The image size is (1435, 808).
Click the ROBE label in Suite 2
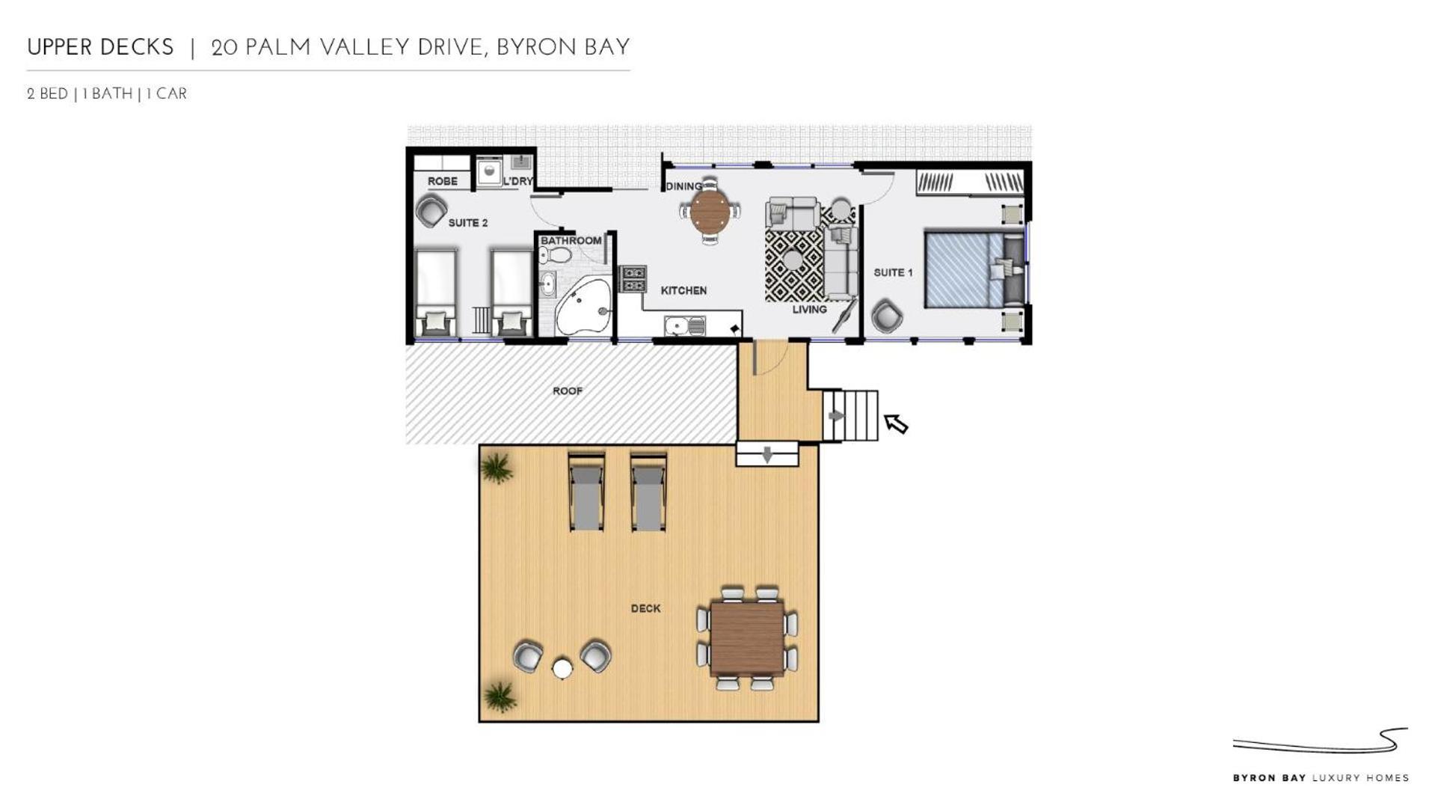pyautogui.click(x=442, y=181)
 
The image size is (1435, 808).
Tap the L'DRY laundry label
pyautogui.click(x=518, y=181)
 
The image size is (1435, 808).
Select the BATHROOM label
pyautogui.click(x=571, y=240)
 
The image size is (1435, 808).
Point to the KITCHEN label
pyautogui.click(x=683, y=290)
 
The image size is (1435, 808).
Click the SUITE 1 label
pyautogui.click(x=893, y=272)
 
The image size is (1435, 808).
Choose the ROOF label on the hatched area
pyautogui.click(x=568, y=391)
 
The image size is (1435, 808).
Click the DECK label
pyautogui.click(x=645, y=608)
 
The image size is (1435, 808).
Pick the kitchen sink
pyautogui.click(x=684, y=326)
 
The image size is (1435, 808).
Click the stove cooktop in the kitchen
pyautogui.click(x=633, y=279)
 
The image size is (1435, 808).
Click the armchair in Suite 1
pyautogui.click(x=887, y=315)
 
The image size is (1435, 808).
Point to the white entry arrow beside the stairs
pyautogui.click(x=896, y=423)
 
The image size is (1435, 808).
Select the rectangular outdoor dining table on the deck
pyautogui.click(x=747, y=638)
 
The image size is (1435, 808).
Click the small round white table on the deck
pyautogui.click(x=562, y=668)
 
